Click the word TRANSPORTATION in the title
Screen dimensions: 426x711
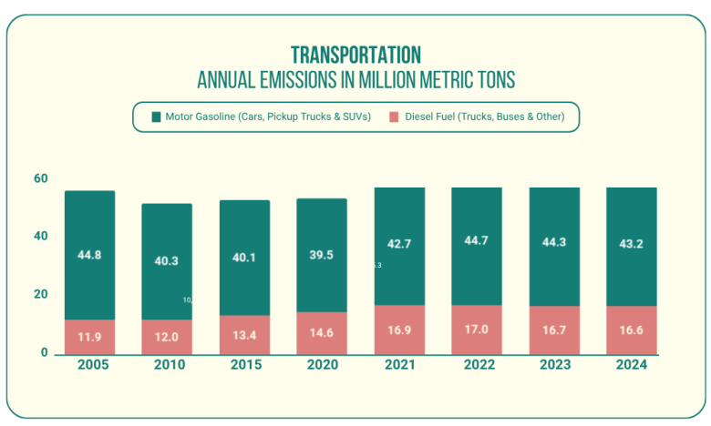point(355,55)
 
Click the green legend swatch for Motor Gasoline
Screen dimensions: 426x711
point(156,117)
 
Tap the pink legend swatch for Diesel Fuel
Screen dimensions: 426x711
point(394,117)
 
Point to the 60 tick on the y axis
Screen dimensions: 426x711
point(40,178)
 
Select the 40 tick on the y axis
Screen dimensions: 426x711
point(40,237)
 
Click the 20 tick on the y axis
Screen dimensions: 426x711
point(40,295)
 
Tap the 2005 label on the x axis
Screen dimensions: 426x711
point(89,365)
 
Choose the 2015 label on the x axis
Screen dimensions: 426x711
point(244,365)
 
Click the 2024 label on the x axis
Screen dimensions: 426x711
point(631,365)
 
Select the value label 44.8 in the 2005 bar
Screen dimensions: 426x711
point(89,256)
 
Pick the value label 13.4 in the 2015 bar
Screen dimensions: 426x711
point(244,336)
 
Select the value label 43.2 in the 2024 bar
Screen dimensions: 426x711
point(631,245)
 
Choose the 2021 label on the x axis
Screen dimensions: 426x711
point(399,365)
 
